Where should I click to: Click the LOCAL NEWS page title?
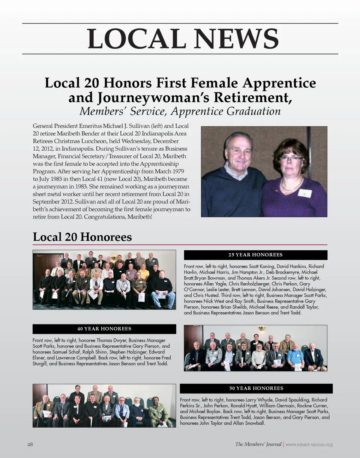tap(183, 39)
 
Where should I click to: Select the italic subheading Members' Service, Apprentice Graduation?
tap(180, 111)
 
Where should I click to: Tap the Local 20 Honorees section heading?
tap(82, 237)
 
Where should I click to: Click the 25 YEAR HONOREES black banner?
tap(255, 255)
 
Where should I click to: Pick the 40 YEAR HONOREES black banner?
tap(104, 329)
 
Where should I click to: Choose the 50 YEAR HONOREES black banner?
tap(256, 388)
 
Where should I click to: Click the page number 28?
tap(30, 445)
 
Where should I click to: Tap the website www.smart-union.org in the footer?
tap(309, 445)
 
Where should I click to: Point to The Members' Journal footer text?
tap(258, 445)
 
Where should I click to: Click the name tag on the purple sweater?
tap(304, 193)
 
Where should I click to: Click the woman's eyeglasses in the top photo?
tap(291, 158)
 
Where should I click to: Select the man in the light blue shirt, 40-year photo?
tap(295, 357)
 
